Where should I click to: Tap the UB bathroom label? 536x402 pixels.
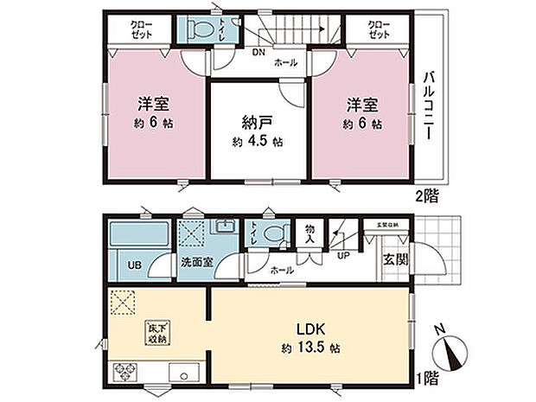[135, 265]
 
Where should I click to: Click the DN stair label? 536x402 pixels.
[258, 52]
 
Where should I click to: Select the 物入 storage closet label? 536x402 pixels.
[309, 233]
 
